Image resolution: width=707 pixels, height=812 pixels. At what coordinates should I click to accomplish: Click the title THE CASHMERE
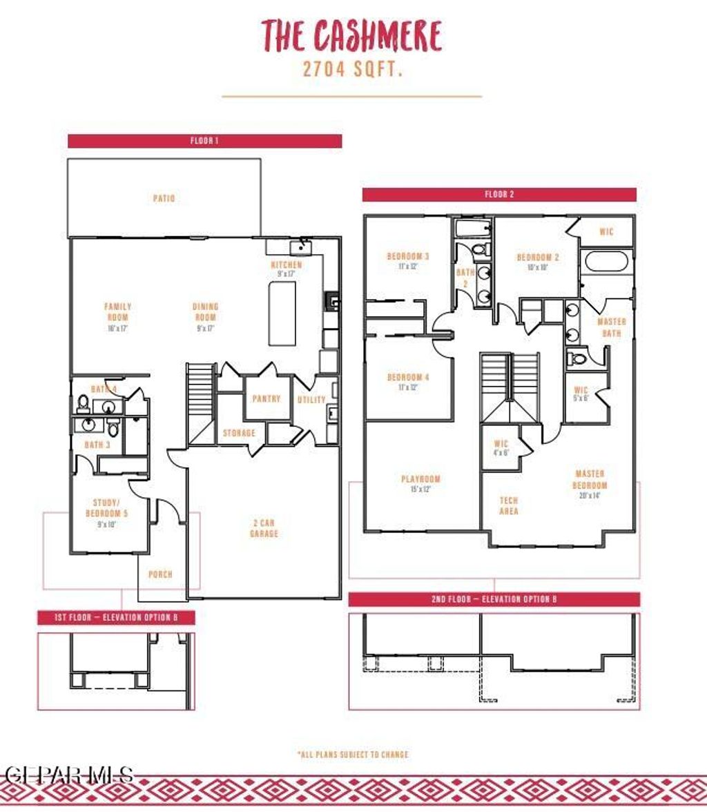(351, 35)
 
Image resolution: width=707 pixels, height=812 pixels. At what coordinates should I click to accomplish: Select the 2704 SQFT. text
(351, 69)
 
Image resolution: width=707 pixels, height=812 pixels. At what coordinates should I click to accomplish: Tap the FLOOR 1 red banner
(204, 141)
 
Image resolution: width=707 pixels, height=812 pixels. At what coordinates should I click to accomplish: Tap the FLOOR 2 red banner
(499, 195)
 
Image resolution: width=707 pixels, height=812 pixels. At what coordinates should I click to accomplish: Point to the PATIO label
(164, 199)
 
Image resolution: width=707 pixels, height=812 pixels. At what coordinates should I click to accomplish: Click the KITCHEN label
(286, 265)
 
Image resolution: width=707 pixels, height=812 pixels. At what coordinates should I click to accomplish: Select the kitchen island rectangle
(282, 313)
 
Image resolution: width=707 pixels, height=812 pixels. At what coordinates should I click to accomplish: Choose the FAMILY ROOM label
(118, 312)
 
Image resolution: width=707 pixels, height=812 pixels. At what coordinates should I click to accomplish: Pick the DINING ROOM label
(206, 312)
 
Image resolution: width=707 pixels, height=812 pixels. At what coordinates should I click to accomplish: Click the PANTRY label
(266, 399)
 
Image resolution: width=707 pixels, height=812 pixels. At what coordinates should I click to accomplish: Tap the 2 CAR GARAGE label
(264, 528)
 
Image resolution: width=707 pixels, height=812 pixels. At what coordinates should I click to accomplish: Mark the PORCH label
(161, 574)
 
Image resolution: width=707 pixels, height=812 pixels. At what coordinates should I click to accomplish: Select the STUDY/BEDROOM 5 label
(107, 508)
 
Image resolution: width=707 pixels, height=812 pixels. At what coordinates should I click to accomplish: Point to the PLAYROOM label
(420, 479)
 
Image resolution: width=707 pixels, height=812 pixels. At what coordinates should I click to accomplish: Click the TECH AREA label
(508, 505)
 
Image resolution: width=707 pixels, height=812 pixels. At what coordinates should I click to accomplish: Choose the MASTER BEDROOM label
(590, 479)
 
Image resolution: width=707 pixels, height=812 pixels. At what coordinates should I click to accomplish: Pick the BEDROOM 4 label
(408, 378)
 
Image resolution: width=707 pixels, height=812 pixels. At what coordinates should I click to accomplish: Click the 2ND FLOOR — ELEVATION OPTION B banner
(494, 599)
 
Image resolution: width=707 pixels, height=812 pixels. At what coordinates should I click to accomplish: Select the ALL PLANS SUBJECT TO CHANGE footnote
(353, 754)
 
